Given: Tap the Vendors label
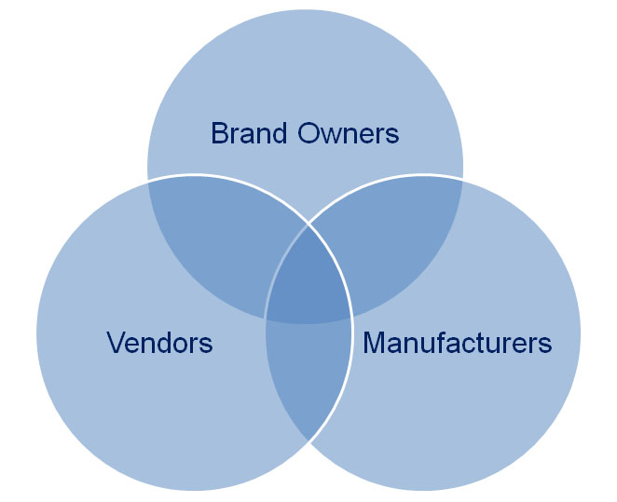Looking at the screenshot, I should [159, 343].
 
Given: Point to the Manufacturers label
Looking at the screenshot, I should [457, 343].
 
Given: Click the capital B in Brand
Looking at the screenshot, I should [220, 134].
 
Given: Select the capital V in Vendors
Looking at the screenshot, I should [116, 343].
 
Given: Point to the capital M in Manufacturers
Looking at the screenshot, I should [375, 343].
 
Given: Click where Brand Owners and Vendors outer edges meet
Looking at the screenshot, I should [148, 179].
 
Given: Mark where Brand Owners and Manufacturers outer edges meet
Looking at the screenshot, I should [463, 179].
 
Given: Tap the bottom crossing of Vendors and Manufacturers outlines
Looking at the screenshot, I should [308, 441].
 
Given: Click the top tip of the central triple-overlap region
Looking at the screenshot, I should [308, 224].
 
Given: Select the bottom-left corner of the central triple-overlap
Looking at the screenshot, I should [267, 319].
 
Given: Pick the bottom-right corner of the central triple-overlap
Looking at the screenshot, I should [350, 319].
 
